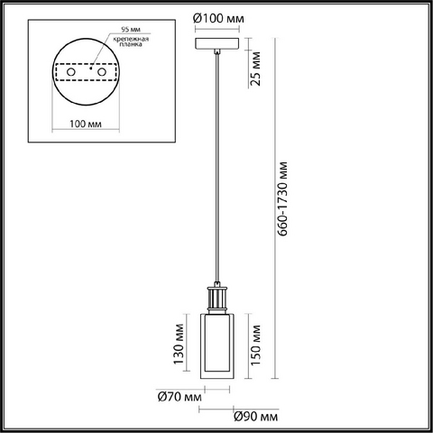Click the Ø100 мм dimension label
[x=218, y=19]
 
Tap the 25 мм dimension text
[x=255, y=69]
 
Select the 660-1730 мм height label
[x=282, y=199]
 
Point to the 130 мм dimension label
[x=179, y=344]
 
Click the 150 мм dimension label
[x=255, y=345]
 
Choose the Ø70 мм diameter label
[x=180, y=397]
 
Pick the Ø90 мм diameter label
[x=256, y=417]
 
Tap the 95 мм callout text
[x=131, y=30]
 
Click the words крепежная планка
[x=131, y=41]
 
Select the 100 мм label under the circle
[x=86, y=124]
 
